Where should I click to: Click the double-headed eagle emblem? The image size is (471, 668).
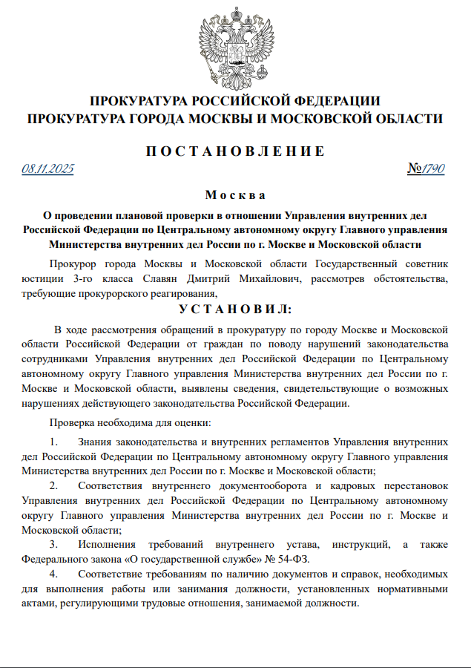[x=235, y=45]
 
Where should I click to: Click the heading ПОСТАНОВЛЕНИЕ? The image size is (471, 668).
[x=235, y=151]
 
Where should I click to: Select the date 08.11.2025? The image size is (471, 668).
[x=48, y=169]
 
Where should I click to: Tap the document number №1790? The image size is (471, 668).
[x=426, y=169]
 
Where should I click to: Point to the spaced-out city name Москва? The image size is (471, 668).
[x=235, y=195]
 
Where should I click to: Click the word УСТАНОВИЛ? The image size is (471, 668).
[x=235, y=309]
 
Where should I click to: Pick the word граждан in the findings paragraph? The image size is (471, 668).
[x=223, y=344]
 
